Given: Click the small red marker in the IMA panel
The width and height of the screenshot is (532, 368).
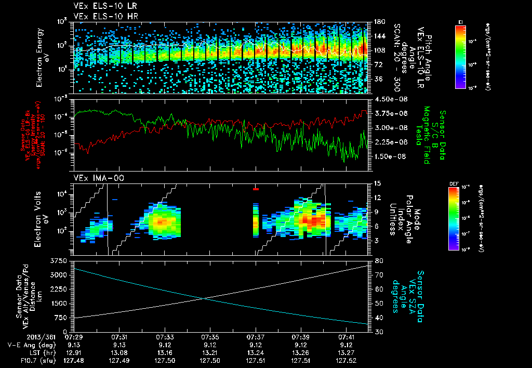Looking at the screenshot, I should click(256, 189).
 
